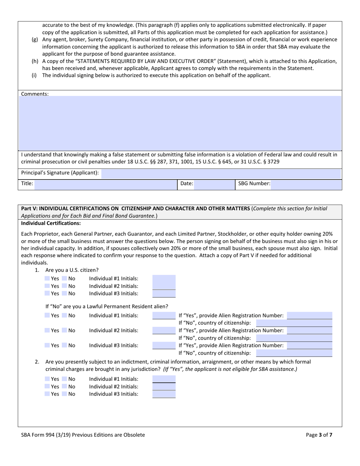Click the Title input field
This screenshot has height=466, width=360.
pos(105,184)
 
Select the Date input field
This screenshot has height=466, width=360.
pos(214,184)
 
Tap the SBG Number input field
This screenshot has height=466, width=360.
pos(306,184)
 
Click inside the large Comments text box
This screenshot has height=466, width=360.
pos(180,123)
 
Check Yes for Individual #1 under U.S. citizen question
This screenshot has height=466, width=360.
pos(47,278)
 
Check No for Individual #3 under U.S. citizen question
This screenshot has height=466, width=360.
pos(64,293)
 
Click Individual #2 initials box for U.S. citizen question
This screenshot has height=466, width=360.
pos(164,286)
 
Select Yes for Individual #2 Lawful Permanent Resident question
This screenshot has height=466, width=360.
pos(47,330)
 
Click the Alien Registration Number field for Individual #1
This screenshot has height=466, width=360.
pos(309,316)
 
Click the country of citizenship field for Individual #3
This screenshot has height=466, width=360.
pos(294,353)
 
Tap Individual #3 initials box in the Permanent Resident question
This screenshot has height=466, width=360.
pos(164,346)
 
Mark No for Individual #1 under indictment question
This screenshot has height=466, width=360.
pos(64,379)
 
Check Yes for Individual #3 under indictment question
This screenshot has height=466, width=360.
pos(47,394)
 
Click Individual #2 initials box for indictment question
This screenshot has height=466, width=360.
pos(164,386)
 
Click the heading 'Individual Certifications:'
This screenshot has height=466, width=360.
pos(51,224)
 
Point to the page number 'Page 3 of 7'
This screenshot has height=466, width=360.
pos(319,435)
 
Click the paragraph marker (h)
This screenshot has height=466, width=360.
pos(35,61)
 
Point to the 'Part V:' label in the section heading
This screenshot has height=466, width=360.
pos(30,208)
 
